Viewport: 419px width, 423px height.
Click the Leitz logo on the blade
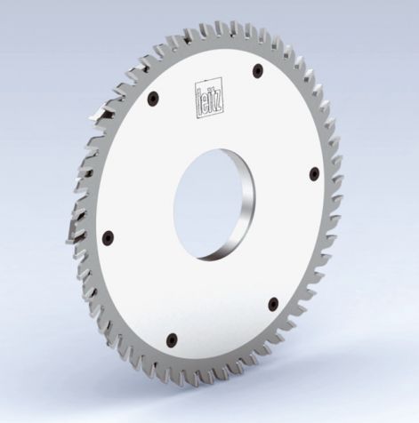coord(207,96)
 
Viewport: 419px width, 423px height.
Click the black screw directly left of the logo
coord(154,100)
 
